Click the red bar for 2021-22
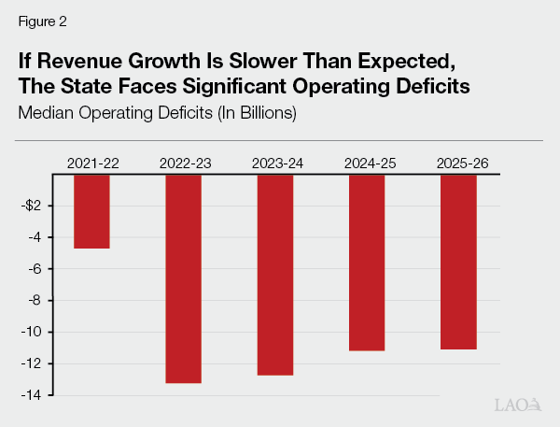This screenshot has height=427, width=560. tap(92, 211)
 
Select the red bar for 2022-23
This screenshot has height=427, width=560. tap(184, 278)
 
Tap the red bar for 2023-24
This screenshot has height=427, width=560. tap(275, 275)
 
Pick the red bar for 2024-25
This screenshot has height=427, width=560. tap(367, 263)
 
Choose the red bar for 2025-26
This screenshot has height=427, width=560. tap(458, 262)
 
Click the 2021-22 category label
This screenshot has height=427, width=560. tap(92, 164)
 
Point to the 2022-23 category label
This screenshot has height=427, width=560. tap(184, 164)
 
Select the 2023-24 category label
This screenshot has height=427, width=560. tap(275, 164)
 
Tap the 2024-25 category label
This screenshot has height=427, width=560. tap(367, 164)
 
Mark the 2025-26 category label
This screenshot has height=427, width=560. tap(458, 164)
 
